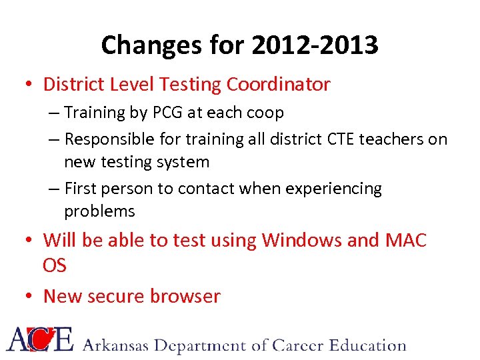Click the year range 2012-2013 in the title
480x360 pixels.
pos(315,45)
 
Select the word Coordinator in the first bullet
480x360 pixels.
pos(278,84)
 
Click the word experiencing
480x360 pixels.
pos(333,189)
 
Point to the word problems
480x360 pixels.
pos(99,211)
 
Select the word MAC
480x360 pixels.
pos(406,240)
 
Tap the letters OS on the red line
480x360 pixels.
pos(55,265)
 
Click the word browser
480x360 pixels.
pos(189,296)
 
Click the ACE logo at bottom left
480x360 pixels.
pos(40,339)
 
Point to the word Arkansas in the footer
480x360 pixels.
pos(117,345)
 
